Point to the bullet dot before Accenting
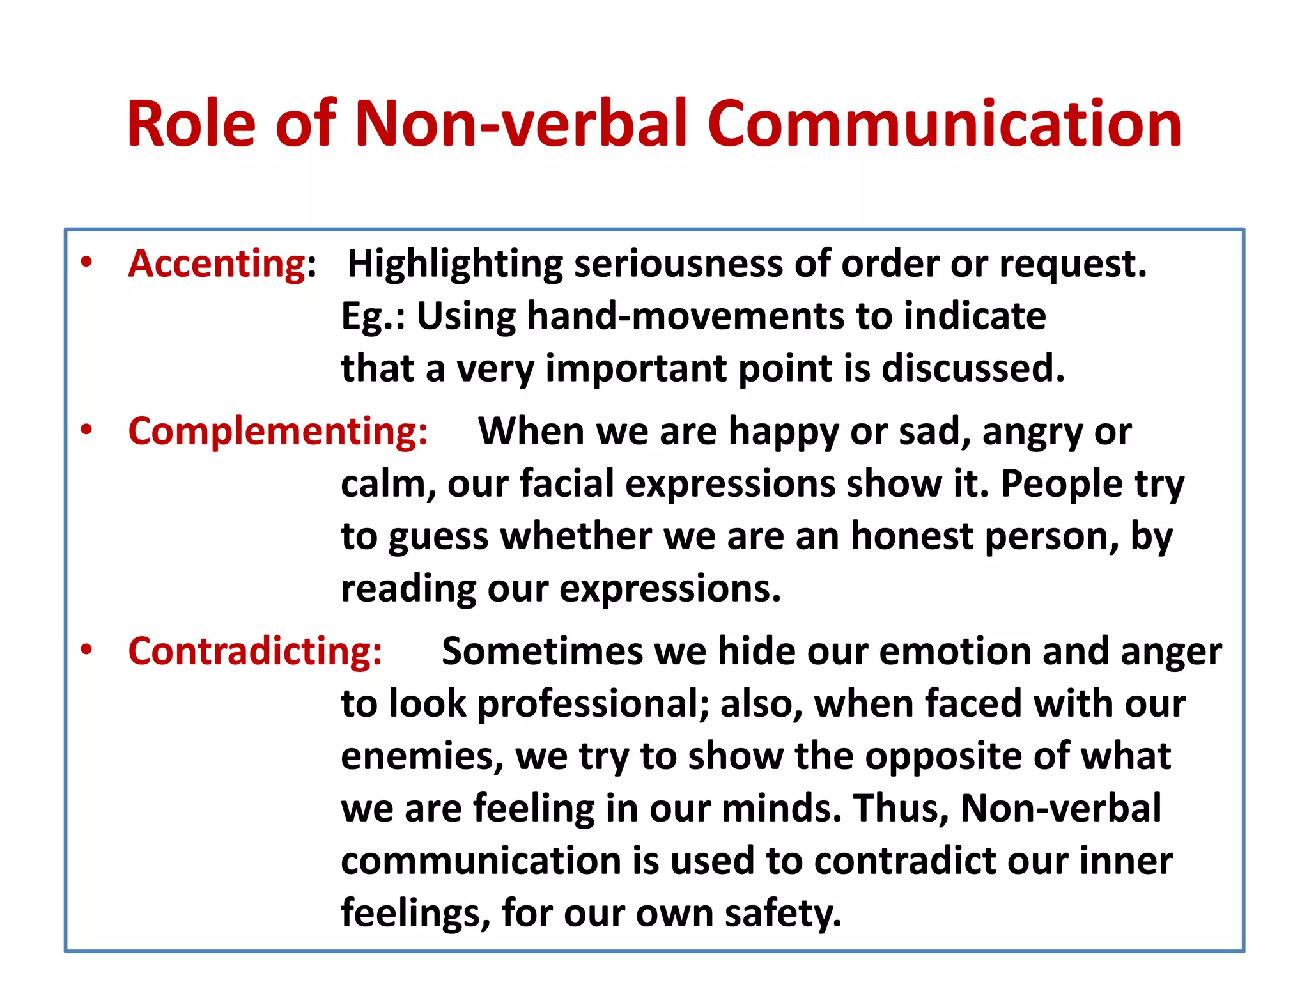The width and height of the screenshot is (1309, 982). [x=87, y=261]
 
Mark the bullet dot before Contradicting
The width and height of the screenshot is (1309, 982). [x=87, y=650]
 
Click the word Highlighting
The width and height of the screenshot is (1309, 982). [x=454, y=265]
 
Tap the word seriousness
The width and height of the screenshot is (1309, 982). [x=678, y=264]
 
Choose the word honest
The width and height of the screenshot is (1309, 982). [x=911, y=536]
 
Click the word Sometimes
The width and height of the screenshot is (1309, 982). [x=543, y=652]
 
